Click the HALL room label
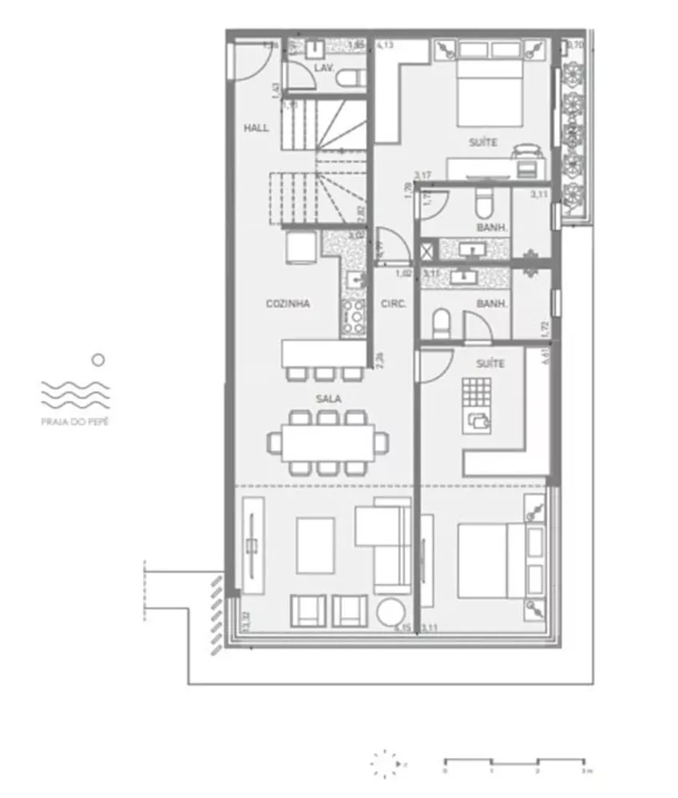click(256, 128)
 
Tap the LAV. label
click(323, 69)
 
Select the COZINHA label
click(287, 304)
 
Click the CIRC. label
click(394, 304)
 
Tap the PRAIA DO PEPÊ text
click(76, 420)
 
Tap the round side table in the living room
click(392, 612)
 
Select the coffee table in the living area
click(315, 545)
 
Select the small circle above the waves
click(97, 361)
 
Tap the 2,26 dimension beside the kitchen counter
click(381, 361)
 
